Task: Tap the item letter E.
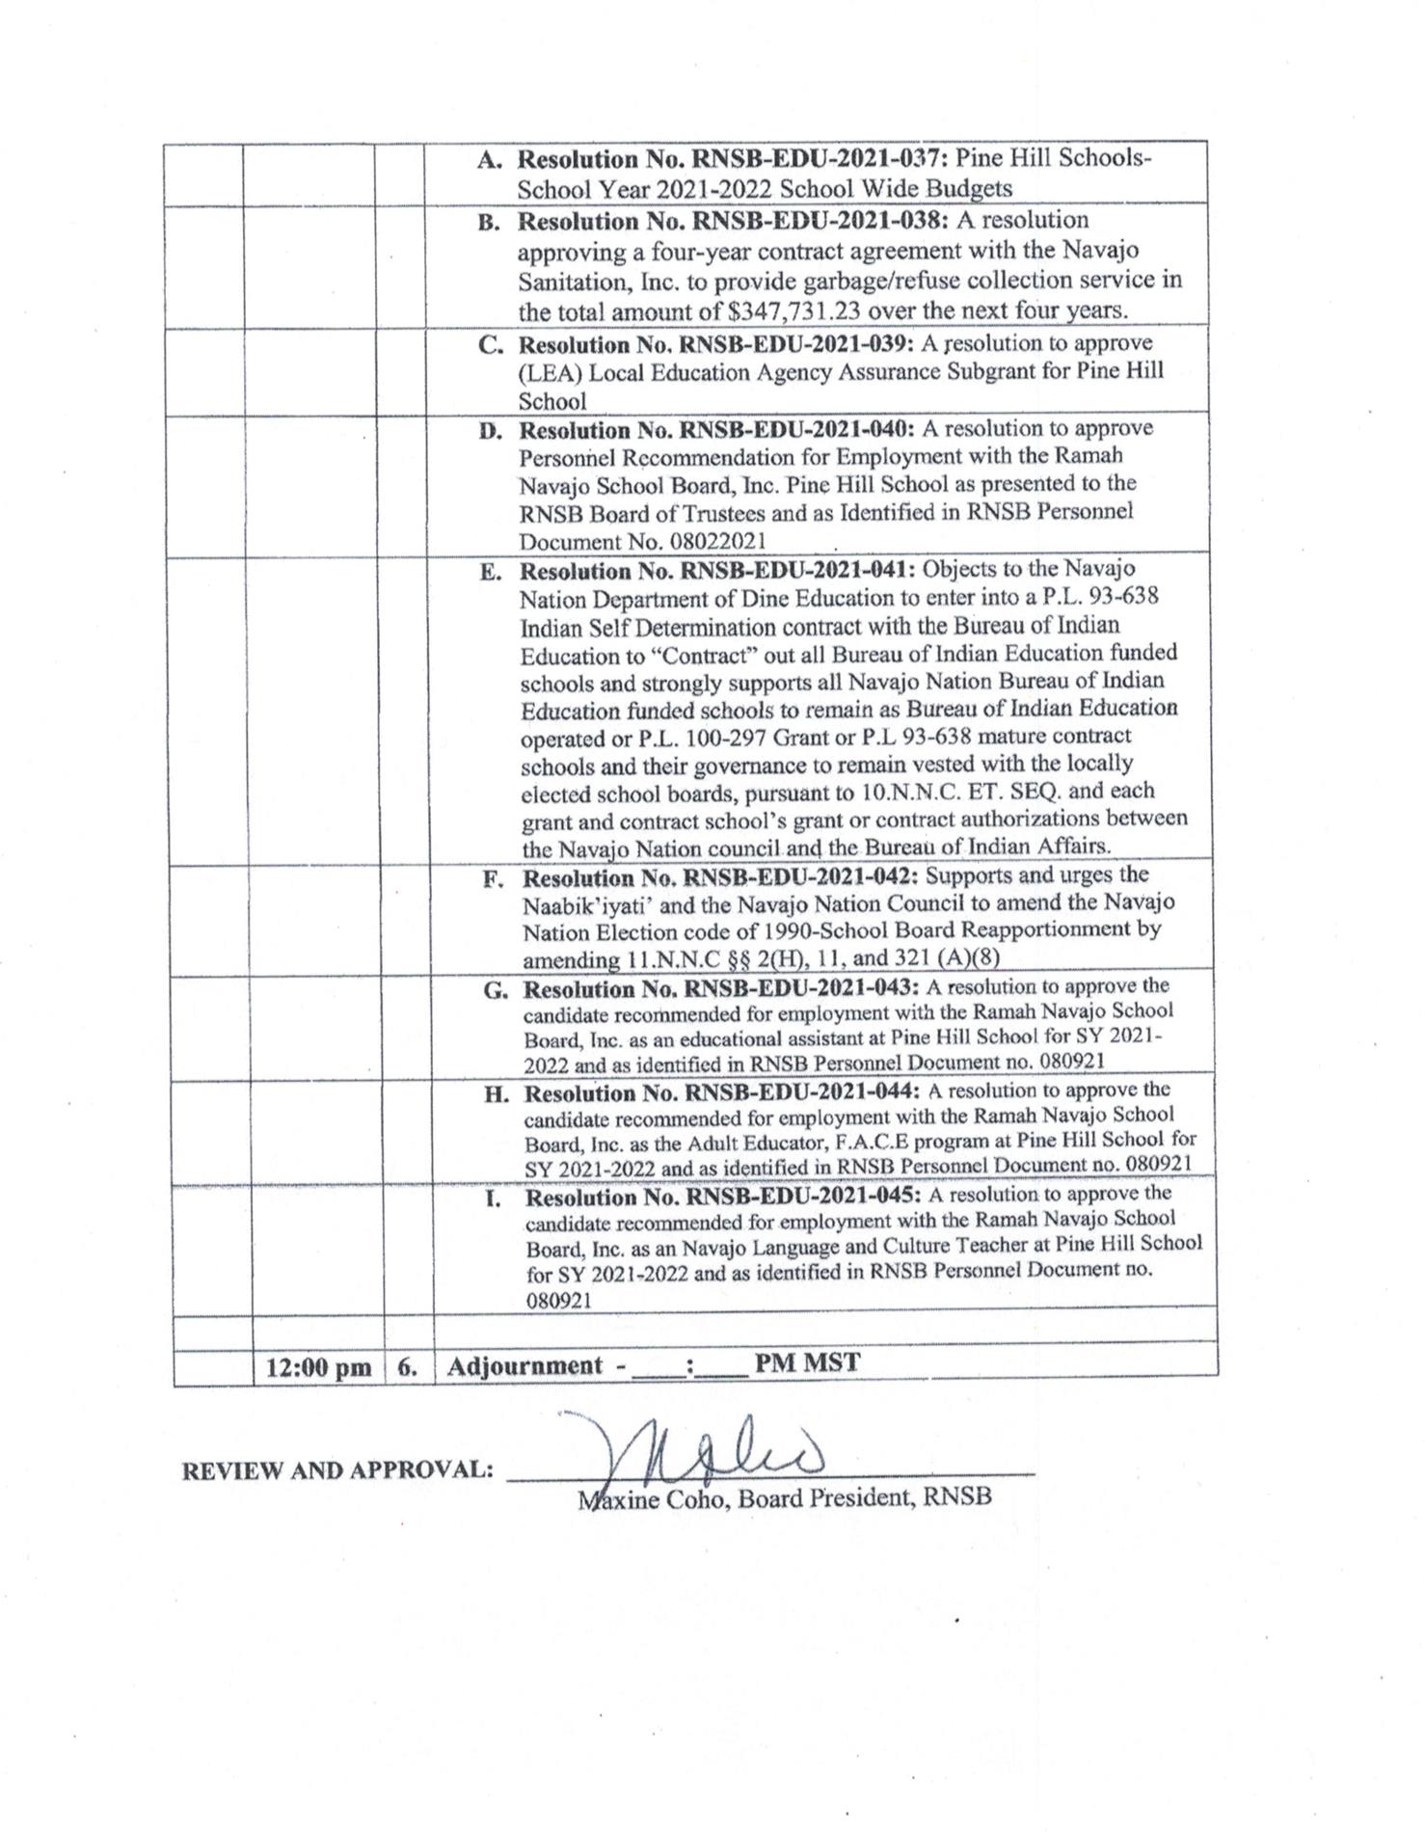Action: coord(491,573)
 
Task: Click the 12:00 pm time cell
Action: coord(317,1367)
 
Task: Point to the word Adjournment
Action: coord(524,1366)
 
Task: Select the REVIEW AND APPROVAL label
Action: coord(337,1470)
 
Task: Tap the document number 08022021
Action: coord(712,542)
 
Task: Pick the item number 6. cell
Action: coord(408,1367)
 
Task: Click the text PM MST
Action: coord(807,1364)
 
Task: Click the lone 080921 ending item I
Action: coord(558,1300)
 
